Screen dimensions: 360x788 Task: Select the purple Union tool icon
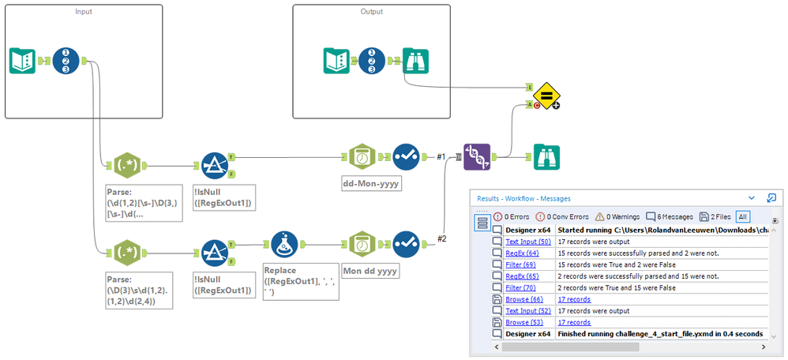478,157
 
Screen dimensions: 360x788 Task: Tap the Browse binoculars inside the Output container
416,61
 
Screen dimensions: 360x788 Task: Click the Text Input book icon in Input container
24,61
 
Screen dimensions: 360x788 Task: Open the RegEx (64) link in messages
522,253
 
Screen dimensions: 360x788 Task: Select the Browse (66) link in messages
524,299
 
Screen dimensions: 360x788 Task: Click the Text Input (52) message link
527,311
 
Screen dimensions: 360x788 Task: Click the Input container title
83,12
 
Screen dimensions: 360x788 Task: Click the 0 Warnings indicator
617,216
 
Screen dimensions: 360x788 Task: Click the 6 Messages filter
670,216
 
